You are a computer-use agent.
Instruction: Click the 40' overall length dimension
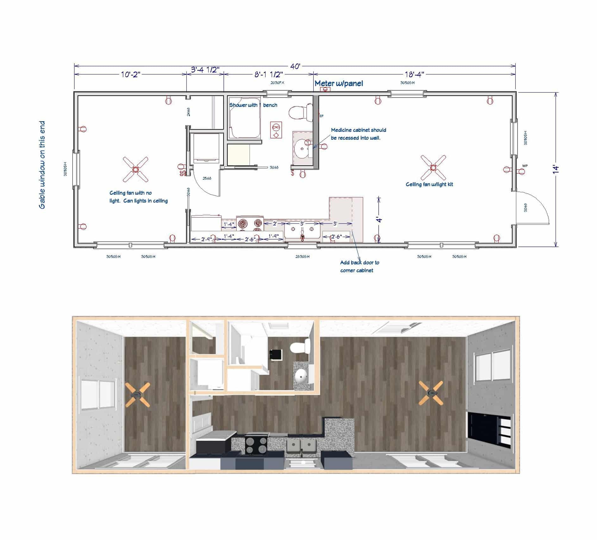[295, 67]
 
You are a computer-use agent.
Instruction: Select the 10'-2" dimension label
[130, 74]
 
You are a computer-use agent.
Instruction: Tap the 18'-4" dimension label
[414, 74]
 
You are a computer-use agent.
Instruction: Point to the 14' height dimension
[556, 169]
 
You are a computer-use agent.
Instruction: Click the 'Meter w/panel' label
[339, 83]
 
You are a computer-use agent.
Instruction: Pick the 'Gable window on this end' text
[42, 165]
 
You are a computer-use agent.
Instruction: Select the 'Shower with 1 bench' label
[253, 105]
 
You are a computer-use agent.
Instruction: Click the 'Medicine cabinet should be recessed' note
[358, 134]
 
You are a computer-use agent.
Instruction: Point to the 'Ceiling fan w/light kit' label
[429, 184]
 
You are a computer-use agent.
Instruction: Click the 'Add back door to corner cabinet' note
[359, 267]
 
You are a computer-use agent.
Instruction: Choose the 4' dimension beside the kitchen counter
[379, 219]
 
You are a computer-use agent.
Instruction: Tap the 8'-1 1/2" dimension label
[268, 74]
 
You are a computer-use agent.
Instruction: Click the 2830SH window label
[302, 257]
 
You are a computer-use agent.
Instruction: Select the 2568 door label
[207, 178]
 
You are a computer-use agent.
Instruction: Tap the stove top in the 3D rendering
[256, 445]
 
